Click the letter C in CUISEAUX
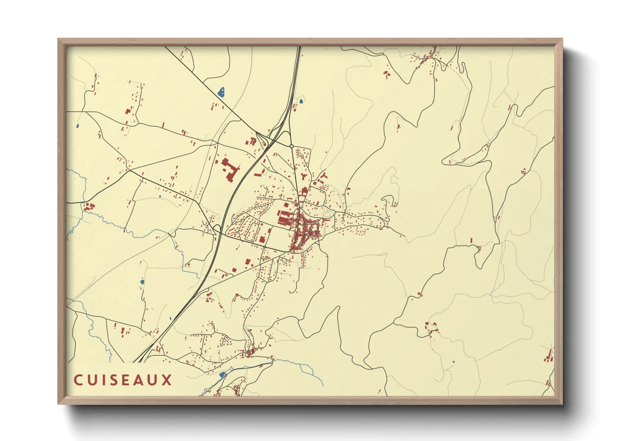click(x=78, y=380)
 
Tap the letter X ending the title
click(x=167, y=380)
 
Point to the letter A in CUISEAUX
click(x=140, y=380)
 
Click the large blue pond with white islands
click(x=222, y=92)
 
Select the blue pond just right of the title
click(x=222, y=374)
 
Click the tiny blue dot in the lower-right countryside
click(x=454, y=362)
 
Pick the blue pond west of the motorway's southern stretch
click(x=142, y=282)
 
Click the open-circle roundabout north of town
click(x=291, y=146)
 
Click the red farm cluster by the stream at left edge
click(x=88, y=206)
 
